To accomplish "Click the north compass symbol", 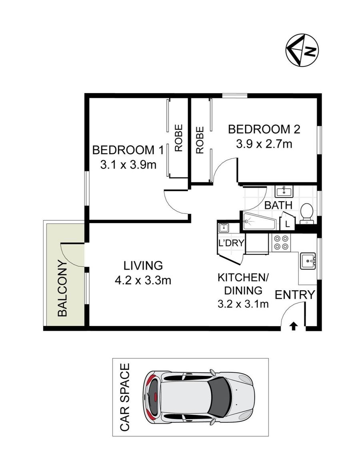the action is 302,50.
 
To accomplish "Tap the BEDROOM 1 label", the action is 128,150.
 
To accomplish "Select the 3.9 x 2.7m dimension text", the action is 264,144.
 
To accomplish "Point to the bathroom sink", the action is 284,191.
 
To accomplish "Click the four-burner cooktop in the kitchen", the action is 281,243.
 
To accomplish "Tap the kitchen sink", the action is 308,260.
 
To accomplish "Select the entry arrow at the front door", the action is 293,326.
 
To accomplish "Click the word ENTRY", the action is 294,294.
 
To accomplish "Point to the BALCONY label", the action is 62,288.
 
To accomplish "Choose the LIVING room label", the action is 143,266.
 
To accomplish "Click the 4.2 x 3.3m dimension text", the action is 143,281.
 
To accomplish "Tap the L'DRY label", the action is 231,243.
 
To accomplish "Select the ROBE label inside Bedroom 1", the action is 179,138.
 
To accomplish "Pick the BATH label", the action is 278,205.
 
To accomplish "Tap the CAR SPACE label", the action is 125,397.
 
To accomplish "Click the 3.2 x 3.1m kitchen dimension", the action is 243,304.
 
